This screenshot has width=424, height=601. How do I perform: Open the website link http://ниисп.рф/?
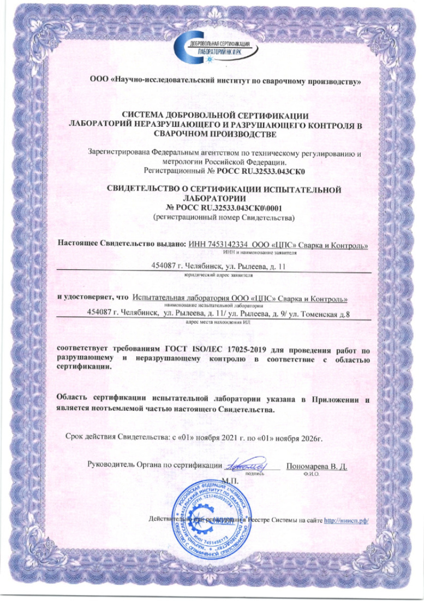[347, 520]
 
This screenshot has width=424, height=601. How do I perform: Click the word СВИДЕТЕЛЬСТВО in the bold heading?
[145, 190]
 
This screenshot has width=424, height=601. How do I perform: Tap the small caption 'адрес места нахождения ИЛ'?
[216, 322]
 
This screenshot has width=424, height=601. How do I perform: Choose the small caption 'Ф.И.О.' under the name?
[309, 474]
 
